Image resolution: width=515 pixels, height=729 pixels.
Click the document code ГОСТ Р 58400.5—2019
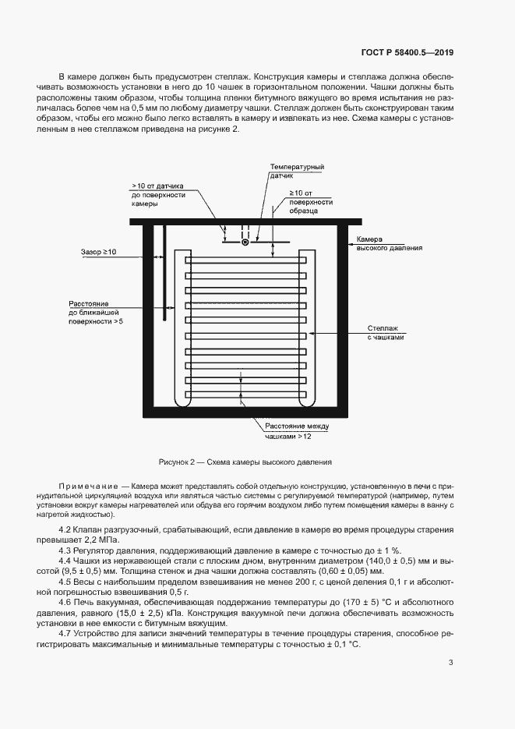click(407, 53)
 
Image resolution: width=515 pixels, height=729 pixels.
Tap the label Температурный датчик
click(297, 172)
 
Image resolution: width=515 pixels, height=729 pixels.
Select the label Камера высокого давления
click(389, 243)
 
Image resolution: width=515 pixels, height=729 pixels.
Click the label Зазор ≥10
click(98, 253)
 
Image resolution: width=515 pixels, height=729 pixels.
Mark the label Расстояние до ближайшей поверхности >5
click(96, 311)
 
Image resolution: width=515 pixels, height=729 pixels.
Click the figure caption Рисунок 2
click(245, 461)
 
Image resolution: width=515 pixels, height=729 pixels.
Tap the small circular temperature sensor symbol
click(245, 242)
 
